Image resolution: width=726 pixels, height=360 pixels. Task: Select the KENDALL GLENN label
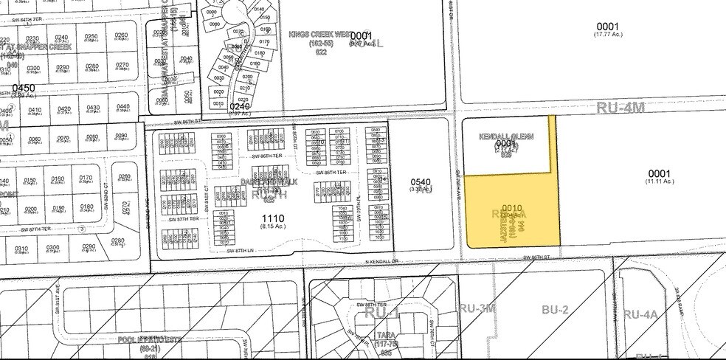click(x=506, y=137)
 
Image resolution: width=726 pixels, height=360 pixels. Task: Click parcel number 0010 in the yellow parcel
click(x=511, y=208)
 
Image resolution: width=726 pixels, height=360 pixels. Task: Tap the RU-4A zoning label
click(x=640, y=314)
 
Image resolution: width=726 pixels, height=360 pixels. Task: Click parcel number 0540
click(x=418, y=181)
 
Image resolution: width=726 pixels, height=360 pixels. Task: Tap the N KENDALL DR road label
click(x=381, y=260)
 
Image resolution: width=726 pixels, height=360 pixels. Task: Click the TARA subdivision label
click(x=381, y=335)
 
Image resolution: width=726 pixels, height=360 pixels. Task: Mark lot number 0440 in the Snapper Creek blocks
click(x=123, y=108)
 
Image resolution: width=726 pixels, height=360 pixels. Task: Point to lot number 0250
click(x=91, y=36)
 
